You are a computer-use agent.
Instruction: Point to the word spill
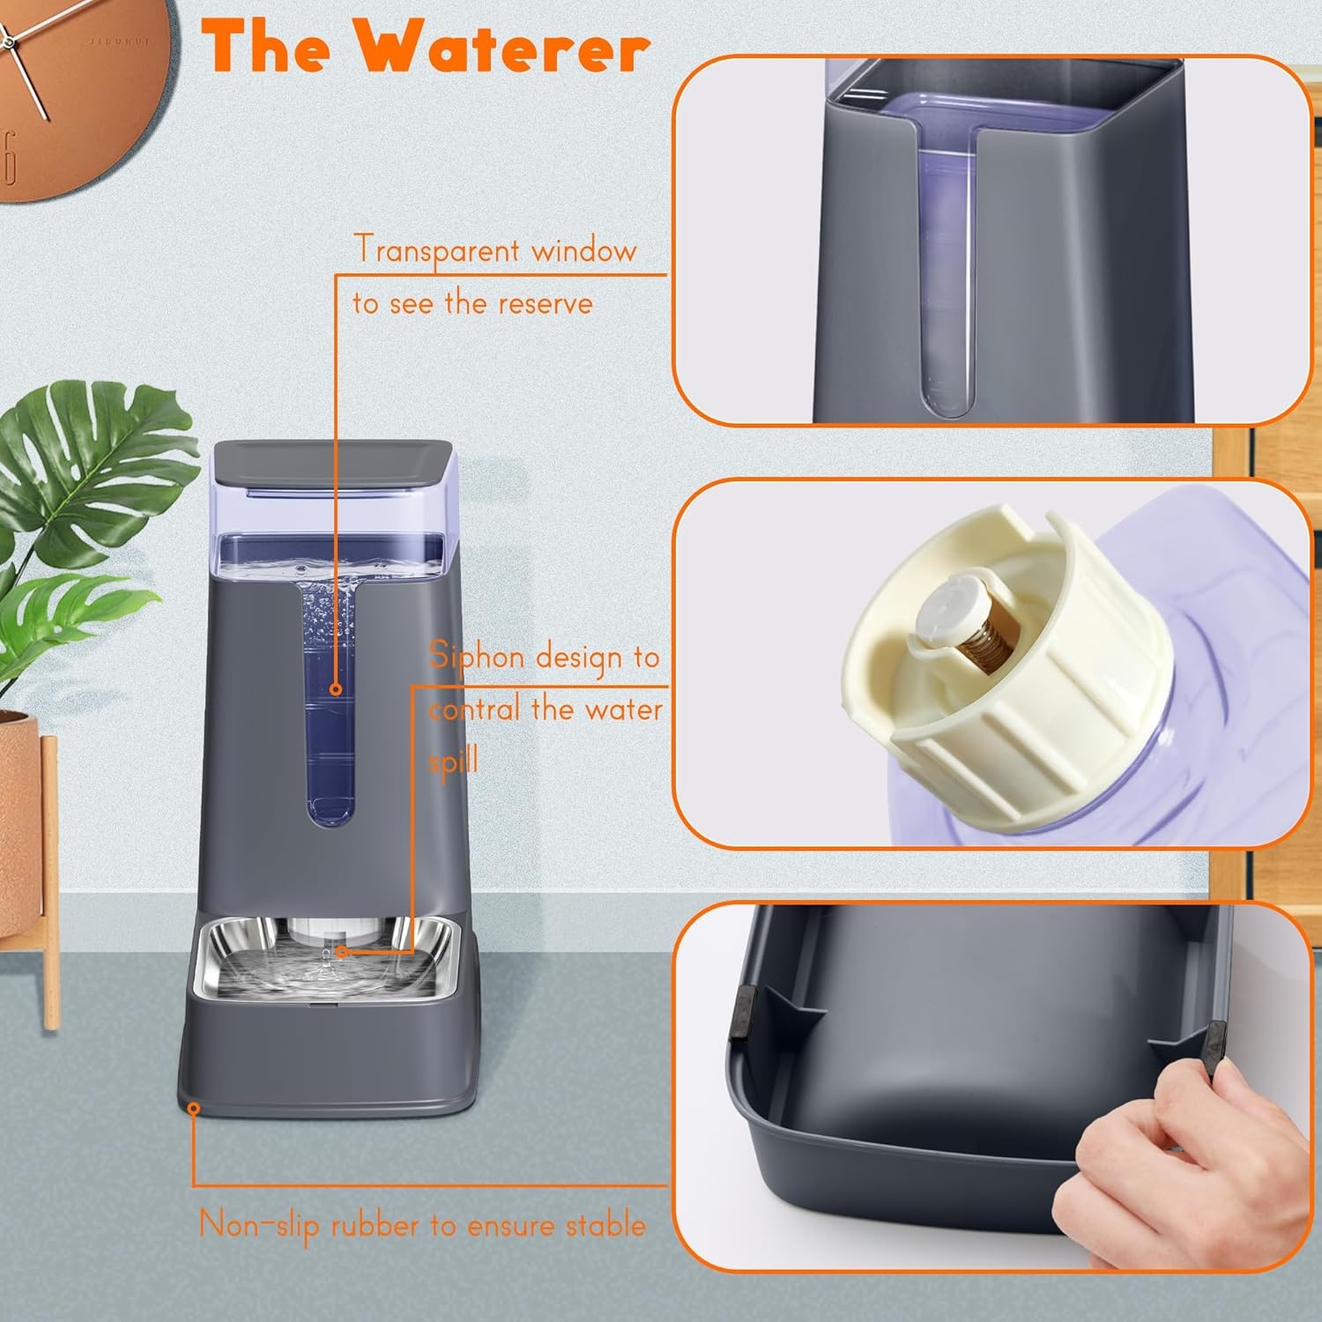click(x=453, y=760)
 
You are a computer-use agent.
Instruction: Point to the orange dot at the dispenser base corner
click(x=194, y=1107)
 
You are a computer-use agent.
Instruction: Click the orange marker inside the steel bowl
click(x=342, y=952)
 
